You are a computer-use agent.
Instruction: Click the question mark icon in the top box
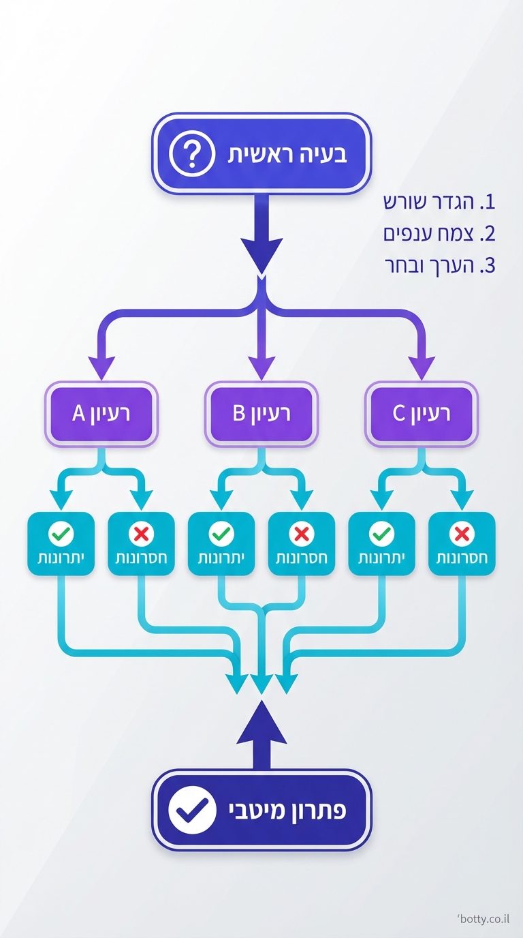(191, 155)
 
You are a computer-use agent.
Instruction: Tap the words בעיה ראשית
(287, 154)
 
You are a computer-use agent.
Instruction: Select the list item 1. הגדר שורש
(439, 202)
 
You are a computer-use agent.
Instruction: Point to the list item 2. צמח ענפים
(439, 234)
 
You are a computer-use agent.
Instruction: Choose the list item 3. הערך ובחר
(439, 266)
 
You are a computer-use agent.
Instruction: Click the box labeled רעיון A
(101, 413)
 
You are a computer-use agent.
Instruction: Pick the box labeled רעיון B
(261, 413)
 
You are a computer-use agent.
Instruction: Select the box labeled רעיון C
(422, 413)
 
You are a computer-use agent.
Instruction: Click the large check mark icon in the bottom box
(192, 810)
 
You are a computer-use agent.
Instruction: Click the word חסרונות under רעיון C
(461, 558)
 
